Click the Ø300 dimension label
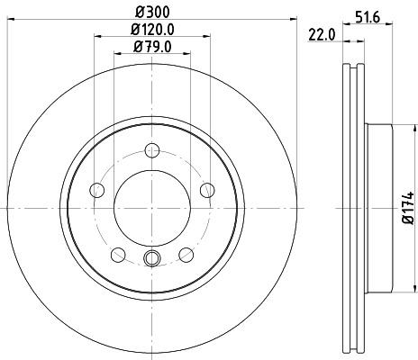tap(152, 12)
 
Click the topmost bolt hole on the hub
tap(152, 149)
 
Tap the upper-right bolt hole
tap(207, 189)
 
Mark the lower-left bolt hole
tap(118, 254)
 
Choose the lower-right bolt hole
tap(186, 254)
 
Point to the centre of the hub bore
tap(152, 207)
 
